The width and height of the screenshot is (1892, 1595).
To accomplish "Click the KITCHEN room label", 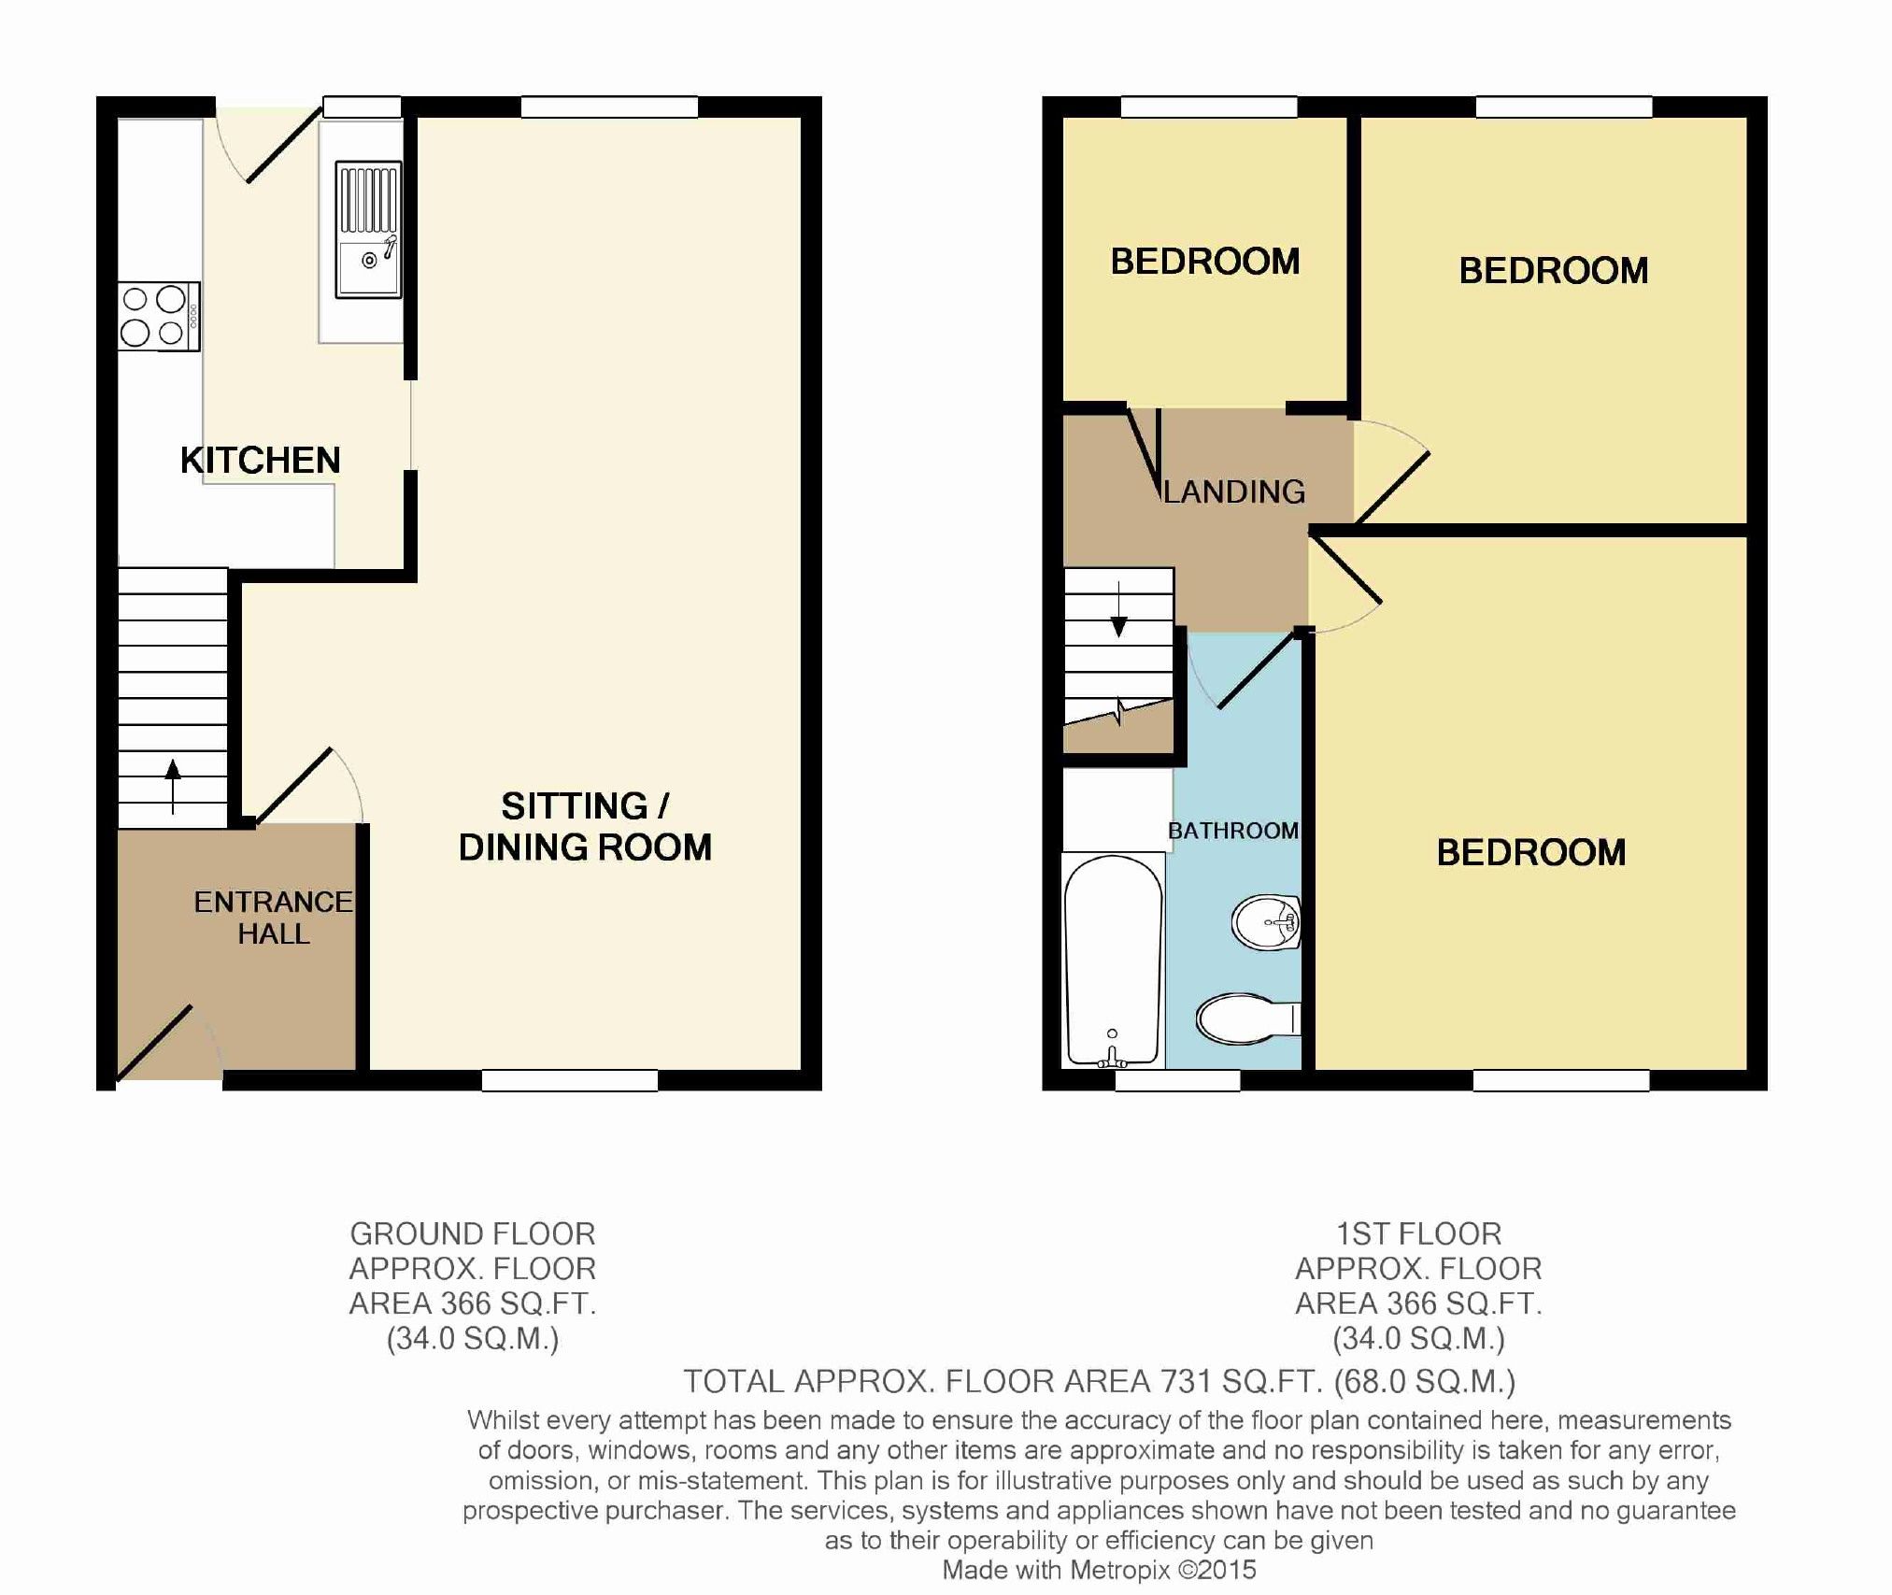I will [260, 461].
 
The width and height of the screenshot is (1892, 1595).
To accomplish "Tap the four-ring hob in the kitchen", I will [159, 317].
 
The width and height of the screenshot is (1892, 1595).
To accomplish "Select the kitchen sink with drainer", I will [369, 230].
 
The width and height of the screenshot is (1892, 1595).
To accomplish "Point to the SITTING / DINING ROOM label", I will [585, 826].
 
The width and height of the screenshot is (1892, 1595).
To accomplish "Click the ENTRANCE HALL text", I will [273, 917].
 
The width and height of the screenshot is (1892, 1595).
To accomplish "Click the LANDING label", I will [1234, 491].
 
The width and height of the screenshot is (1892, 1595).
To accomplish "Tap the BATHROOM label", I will [1233, 831].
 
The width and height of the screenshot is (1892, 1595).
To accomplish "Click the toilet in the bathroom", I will [1246, 1018].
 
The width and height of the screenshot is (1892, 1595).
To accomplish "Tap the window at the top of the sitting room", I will [609, 107].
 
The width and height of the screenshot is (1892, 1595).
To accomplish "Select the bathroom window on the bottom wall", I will [1177, 1080].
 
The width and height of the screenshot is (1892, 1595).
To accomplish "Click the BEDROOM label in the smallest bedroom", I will [1204, 262].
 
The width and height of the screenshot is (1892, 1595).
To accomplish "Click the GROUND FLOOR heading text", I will [472, 1234].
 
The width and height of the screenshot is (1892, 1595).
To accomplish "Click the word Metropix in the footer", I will [1119, 1571].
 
